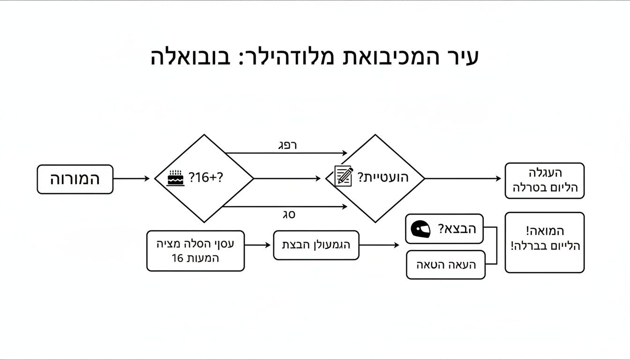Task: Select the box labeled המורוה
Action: point(75,179)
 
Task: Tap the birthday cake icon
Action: point(176,179)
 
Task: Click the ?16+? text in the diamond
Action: point(206,178)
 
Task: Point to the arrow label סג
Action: point(289,215)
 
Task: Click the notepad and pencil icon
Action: point(344,176)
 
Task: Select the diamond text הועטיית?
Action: point(383,178)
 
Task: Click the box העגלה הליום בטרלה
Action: point(544,180)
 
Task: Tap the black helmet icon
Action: point(420,229)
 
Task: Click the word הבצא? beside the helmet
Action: point(457,229)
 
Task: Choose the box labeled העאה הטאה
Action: point(446,265)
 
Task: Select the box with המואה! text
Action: point(544,242)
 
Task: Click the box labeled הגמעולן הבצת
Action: point(316,245)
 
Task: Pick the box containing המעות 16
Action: point(195,251)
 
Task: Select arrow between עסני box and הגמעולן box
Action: point(258,245)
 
